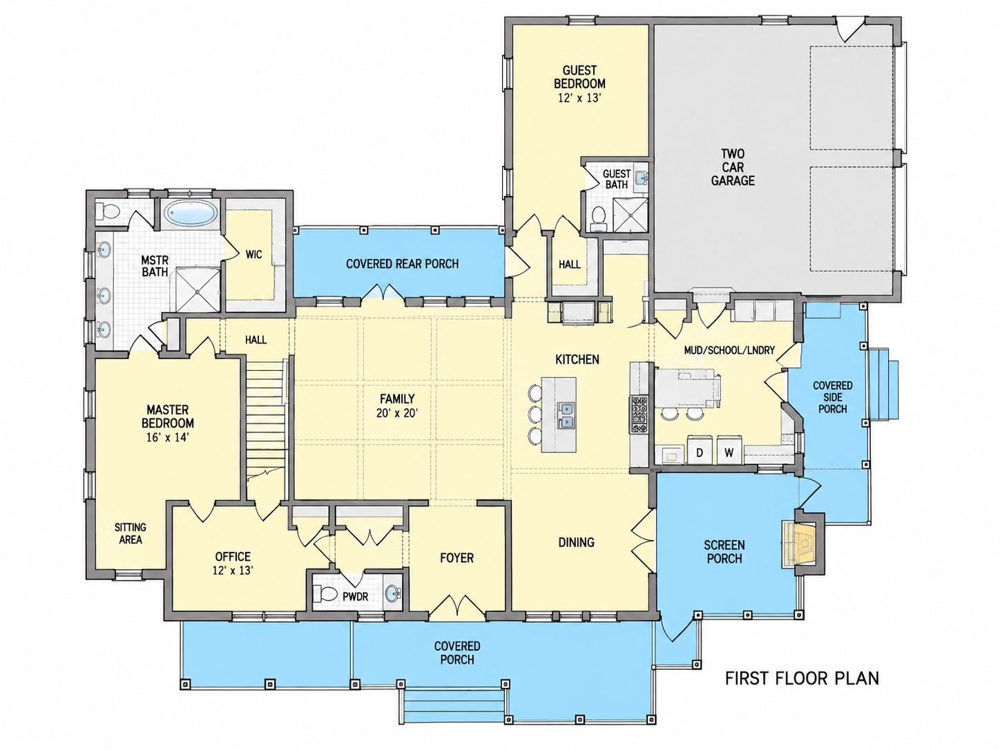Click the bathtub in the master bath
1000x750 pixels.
pyautogui.click(x=191, y=213)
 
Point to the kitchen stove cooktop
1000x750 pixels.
pyautogui.click(x=639, y=414)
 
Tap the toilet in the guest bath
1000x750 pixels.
pyautogui.click(x=598, y=218)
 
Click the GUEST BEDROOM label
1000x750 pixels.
pyautogui.click(x=579, y=77)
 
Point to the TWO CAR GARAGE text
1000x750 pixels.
pyautogui.click(x=733, y=167)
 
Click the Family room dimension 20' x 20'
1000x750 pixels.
pyautogui.click(x=397, y=413)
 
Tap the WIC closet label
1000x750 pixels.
pyautogui.click(x=253, y=254)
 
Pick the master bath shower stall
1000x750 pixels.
pyautogui.click(x=198, y=289)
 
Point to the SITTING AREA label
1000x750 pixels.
pyautogui.click(x=131, y=533)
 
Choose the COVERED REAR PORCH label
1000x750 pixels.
pyautogui.click(x=402, y=264)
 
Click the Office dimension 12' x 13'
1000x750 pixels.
pyautogui.click(x=233, y=570)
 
